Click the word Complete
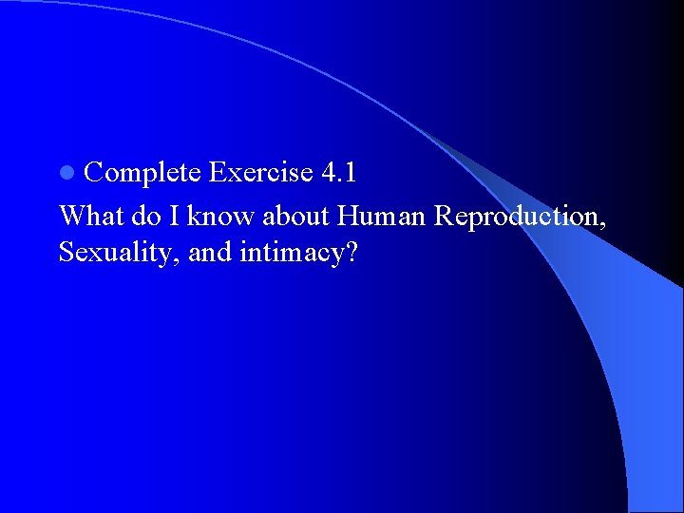(x=142, y=173)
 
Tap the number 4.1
(x=339, y=172)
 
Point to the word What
(x=91, y=216)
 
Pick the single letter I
(x=176, y=216)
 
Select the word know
(x=220, y=216)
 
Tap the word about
(x=295, y=216)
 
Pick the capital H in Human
(x=347, y=216)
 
